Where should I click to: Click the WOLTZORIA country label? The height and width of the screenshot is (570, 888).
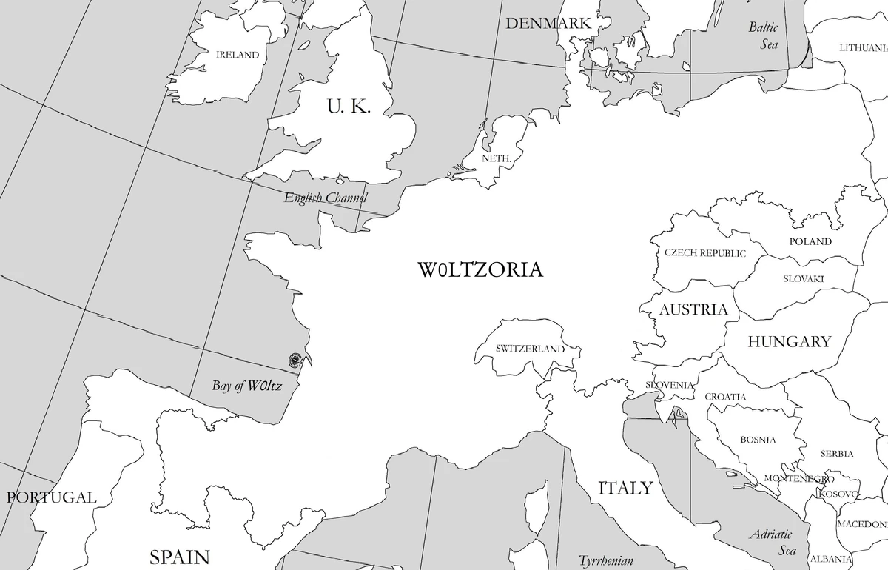(480, 270)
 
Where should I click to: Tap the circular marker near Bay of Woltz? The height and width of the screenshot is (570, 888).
(295, 361)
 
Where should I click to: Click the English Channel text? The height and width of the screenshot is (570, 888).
(326, 198)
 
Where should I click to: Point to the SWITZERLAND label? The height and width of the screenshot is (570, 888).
(530, 349)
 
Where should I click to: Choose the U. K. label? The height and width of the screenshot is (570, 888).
(349, 107)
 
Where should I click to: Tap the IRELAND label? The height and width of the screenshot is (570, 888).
(238, 55)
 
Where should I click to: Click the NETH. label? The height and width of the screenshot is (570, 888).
(496, 158)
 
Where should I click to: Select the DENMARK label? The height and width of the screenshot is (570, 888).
(548, 24)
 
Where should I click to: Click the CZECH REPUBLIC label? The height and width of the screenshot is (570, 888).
(704, 253)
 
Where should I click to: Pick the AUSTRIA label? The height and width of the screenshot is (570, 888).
(693, 309)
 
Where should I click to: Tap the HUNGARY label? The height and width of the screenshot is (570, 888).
(789, 342)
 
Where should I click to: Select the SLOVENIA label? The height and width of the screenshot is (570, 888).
(669, 385)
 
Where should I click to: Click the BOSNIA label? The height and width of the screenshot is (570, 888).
(758, 440)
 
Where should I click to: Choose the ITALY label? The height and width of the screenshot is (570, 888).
(625, 488)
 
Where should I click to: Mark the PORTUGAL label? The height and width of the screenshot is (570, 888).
(51, 497)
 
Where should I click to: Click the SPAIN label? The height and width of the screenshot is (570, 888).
(180, 557)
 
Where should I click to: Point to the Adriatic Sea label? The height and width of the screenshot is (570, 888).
(773, 542)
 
